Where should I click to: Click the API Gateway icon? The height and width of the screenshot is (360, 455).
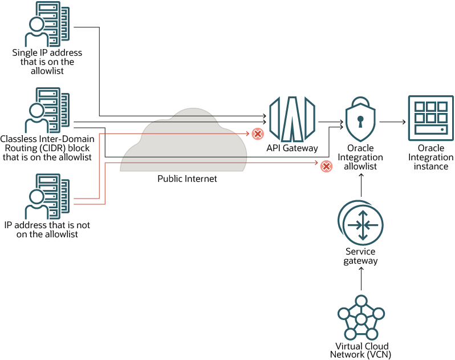coord(292,119)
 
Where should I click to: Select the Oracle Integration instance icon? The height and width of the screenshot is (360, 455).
coord(430,118)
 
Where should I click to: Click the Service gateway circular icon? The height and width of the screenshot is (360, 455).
coord(360,223)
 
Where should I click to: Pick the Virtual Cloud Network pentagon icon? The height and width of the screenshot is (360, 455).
coord(360,318)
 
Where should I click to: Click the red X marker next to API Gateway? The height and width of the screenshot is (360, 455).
coord(258,134)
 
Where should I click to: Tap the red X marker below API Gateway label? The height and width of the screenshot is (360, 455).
coord(326,166)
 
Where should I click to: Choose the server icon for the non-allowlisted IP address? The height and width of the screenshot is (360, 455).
coord(48,197)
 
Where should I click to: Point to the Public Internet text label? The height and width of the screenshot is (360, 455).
coord(188,179)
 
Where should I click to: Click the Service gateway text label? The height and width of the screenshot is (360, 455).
coord(360,256)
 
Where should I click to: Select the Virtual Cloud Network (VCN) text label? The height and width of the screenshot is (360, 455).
coord(360,350)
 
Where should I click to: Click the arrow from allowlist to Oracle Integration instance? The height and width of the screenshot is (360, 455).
coord(392,122)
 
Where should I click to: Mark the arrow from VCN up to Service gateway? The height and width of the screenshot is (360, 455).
coord(360,280)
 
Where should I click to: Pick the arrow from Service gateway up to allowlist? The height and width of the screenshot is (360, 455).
coord(360,185)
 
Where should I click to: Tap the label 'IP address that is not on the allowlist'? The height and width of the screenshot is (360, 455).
coord(47,229)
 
